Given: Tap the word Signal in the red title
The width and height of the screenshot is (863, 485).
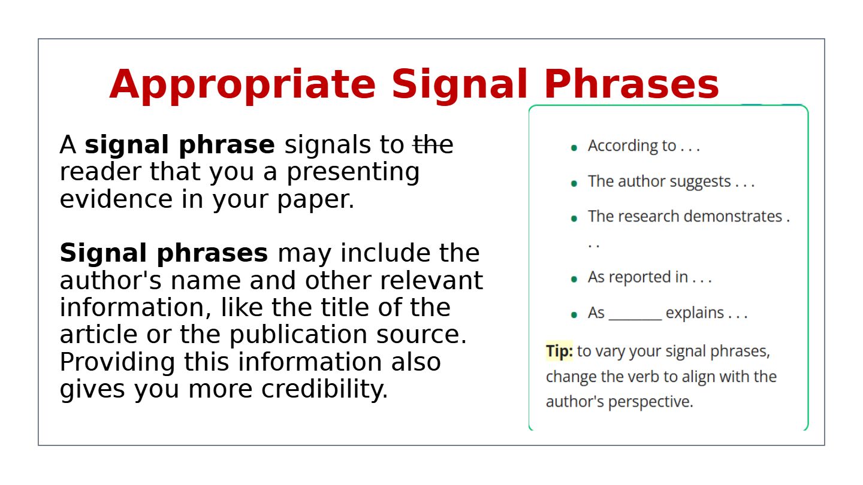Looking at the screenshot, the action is point(459,84).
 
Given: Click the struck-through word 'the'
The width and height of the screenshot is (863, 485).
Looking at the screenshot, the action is point(433,145).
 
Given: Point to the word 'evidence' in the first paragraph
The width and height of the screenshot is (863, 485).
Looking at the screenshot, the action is point(116,199).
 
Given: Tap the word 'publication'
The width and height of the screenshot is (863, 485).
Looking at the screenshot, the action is point(298,335).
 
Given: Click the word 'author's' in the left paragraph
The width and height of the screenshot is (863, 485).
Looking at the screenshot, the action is point(110,280).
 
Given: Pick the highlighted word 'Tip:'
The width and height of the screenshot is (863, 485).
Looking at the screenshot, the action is point(559,351).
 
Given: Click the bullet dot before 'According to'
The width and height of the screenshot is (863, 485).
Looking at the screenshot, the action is point(574,148).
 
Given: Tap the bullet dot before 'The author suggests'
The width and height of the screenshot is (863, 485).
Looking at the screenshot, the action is point(574,184).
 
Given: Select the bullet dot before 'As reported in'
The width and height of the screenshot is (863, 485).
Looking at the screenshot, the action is point(574,279).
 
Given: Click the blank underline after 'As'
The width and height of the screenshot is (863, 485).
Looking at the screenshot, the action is point(635,319).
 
